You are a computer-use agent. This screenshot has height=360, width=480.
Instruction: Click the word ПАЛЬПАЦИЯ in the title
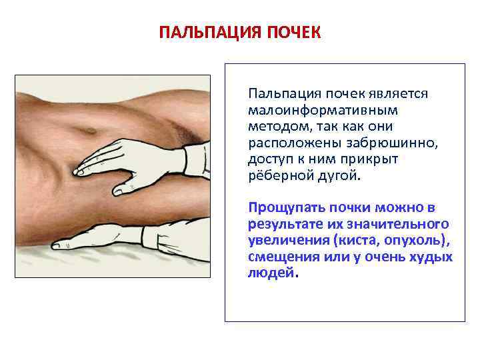[201, 33]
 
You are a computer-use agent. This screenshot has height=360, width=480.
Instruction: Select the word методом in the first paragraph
[275, 126]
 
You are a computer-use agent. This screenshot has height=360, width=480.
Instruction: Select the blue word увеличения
[285, 240]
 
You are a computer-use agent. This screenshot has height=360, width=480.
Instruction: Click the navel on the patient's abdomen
[85, 129]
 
